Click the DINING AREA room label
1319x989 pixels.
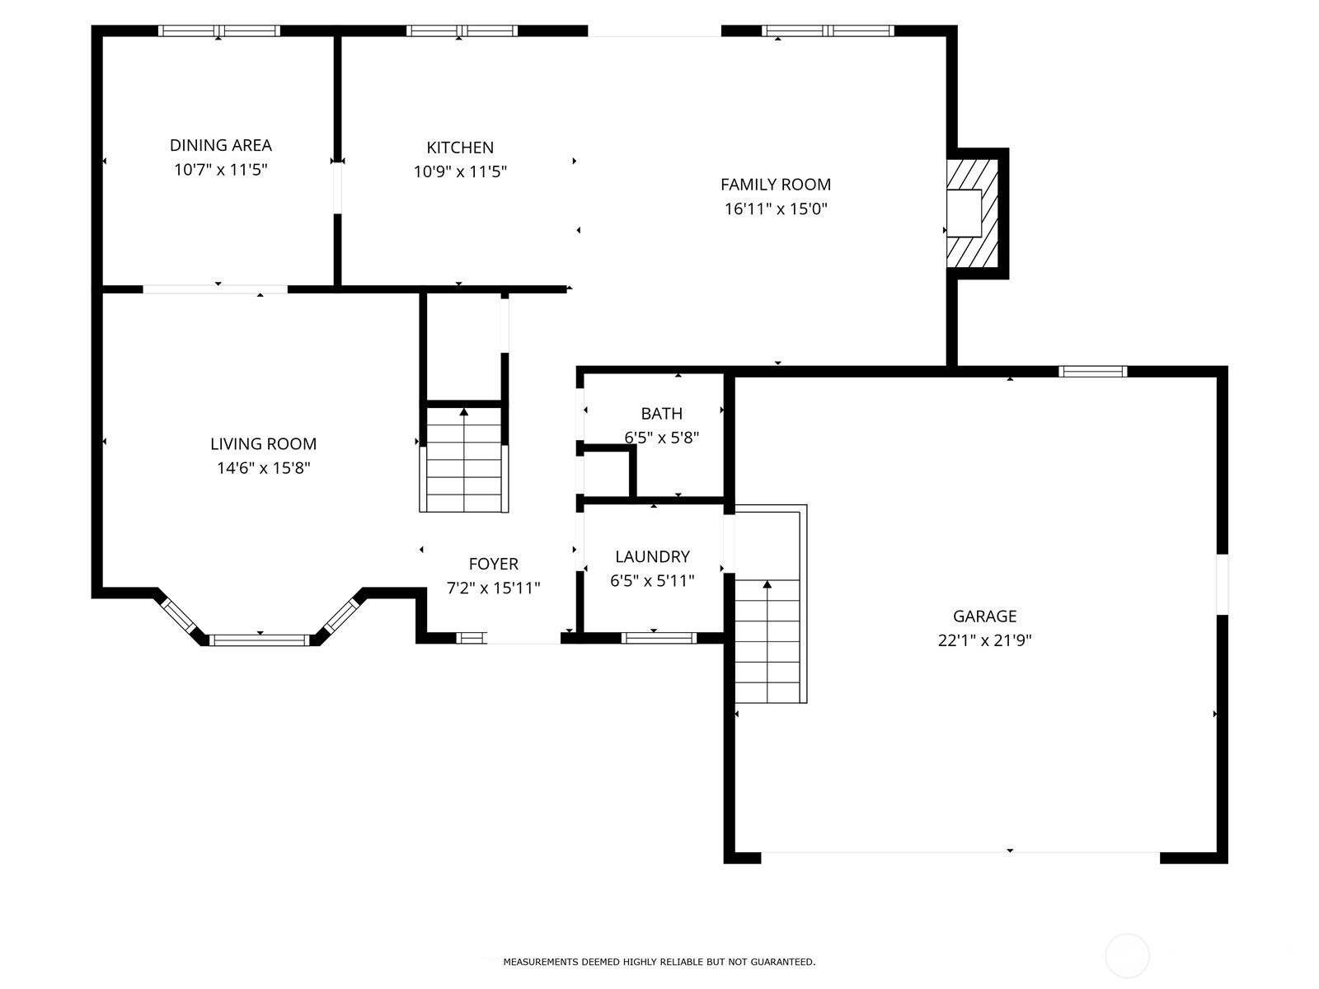click(220, 145)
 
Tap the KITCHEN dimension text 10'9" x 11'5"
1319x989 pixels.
click(460, 172)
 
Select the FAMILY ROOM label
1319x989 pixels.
click(775, 185)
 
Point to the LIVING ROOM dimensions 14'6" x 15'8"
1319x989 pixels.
click(263, 468)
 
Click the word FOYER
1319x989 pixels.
click(493, 564)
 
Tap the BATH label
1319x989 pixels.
click(661, 414)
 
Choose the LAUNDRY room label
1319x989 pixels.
click(652, 556)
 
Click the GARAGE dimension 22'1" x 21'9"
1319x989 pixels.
click(984, 640)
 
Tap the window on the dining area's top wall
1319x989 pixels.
click(219, 31)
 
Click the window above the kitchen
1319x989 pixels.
click(462, 31)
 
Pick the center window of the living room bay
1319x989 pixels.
click(260, 640)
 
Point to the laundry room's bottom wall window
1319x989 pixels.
click(658, 637)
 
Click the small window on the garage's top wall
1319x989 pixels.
click(1092, 372)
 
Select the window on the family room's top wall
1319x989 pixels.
click(828, 31)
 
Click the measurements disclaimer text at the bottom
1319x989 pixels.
click(659, 962)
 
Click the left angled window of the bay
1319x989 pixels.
click(177, 614)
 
